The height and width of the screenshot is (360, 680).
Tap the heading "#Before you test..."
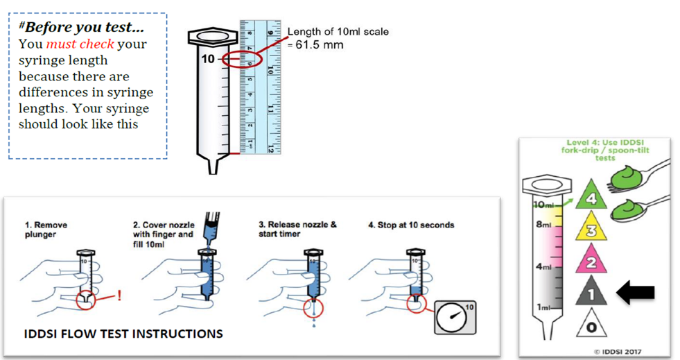[x=82, y=28]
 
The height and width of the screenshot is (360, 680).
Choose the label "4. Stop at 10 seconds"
[x=410, y=225]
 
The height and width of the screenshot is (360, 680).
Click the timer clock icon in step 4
[x=454, y=316]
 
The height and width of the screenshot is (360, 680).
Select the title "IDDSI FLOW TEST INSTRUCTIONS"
[x=123, y=334]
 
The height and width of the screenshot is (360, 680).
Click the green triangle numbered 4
[x=592, y=196]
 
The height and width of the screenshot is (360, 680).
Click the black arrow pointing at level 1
[x=635, y=293]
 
